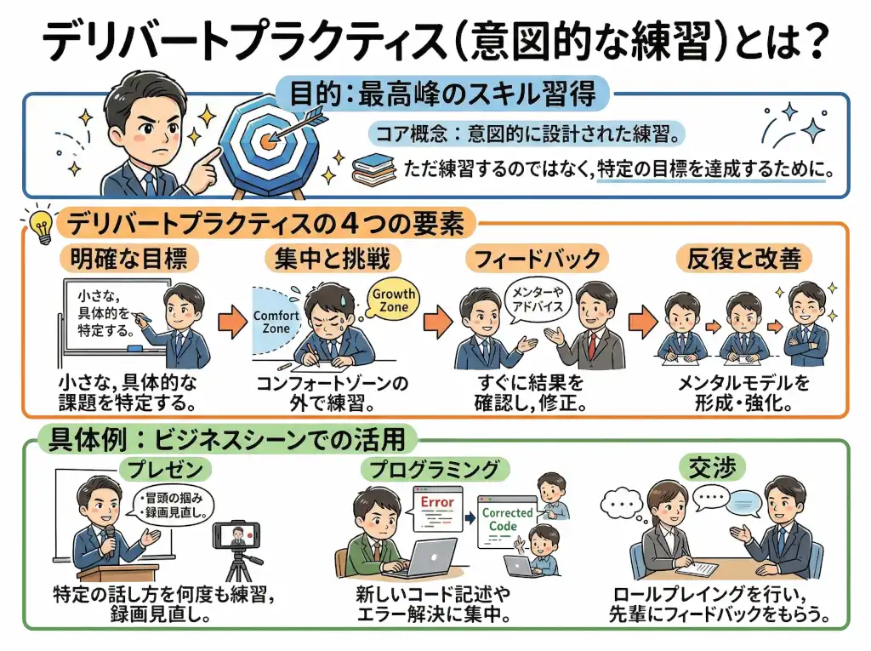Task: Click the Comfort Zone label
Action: (277, 321)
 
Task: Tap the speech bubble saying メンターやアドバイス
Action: (537, 300)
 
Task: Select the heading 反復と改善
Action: (743, 259)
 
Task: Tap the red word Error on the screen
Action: (437, 502)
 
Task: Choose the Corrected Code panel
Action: (507, 519)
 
